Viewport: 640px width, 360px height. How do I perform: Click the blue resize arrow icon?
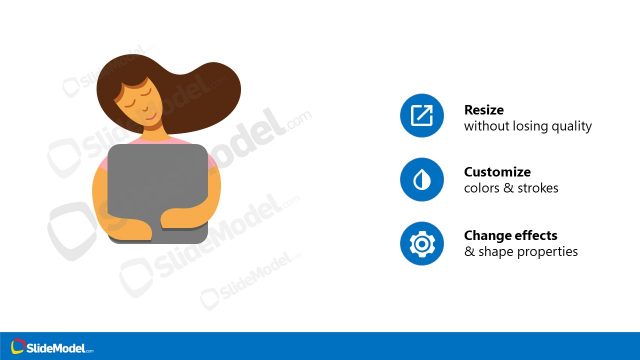pos(421,117)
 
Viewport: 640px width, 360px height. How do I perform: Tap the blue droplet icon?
pos(421,180)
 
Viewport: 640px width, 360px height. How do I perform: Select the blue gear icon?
pos(421,243)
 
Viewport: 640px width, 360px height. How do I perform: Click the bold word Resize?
pos(483,109)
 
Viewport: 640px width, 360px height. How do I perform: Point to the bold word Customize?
pos(497,172)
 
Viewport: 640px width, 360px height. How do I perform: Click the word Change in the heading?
pos(486,235)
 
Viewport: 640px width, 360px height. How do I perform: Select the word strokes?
pos(538,188)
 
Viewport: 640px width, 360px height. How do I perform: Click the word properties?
pos(547,251)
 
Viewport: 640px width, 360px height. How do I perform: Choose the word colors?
pos(482,188)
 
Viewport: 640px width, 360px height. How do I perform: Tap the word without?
pos(486,127)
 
